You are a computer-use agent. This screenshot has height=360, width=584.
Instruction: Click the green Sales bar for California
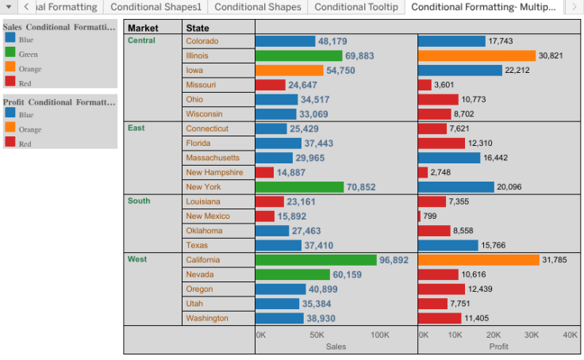(x=316, y=260)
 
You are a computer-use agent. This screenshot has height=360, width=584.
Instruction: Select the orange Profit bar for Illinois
(x=477, y=56)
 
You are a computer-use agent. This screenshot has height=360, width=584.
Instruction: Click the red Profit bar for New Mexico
(x=420, y=216)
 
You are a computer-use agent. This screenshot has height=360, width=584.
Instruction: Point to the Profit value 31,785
(x=559, y=260)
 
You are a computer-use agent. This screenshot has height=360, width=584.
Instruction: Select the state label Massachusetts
(x=213, y=158)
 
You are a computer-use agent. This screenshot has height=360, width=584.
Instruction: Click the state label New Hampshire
(x=214, y=172)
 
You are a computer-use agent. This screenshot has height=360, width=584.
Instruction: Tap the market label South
(x=139, y=201)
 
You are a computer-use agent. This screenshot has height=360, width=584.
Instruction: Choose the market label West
(x=137, y=259)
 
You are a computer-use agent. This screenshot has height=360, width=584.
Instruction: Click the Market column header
(x=143, y=29)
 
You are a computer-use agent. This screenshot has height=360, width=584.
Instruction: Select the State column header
(x=198, y=29)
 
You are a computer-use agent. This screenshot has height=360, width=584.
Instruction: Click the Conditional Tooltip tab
(x=356, y=7)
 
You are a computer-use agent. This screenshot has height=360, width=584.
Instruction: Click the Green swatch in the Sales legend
(x=10, y=53)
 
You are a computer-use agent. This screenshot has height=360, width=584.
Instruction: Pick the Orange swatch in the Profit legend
(x=10, y=128)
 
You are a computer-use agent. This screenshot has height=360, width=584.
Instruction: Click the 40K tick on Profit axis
(x=570, y=335)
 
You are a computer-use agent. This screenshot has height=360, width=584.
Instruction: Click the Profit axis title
(x=498, y=347)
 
